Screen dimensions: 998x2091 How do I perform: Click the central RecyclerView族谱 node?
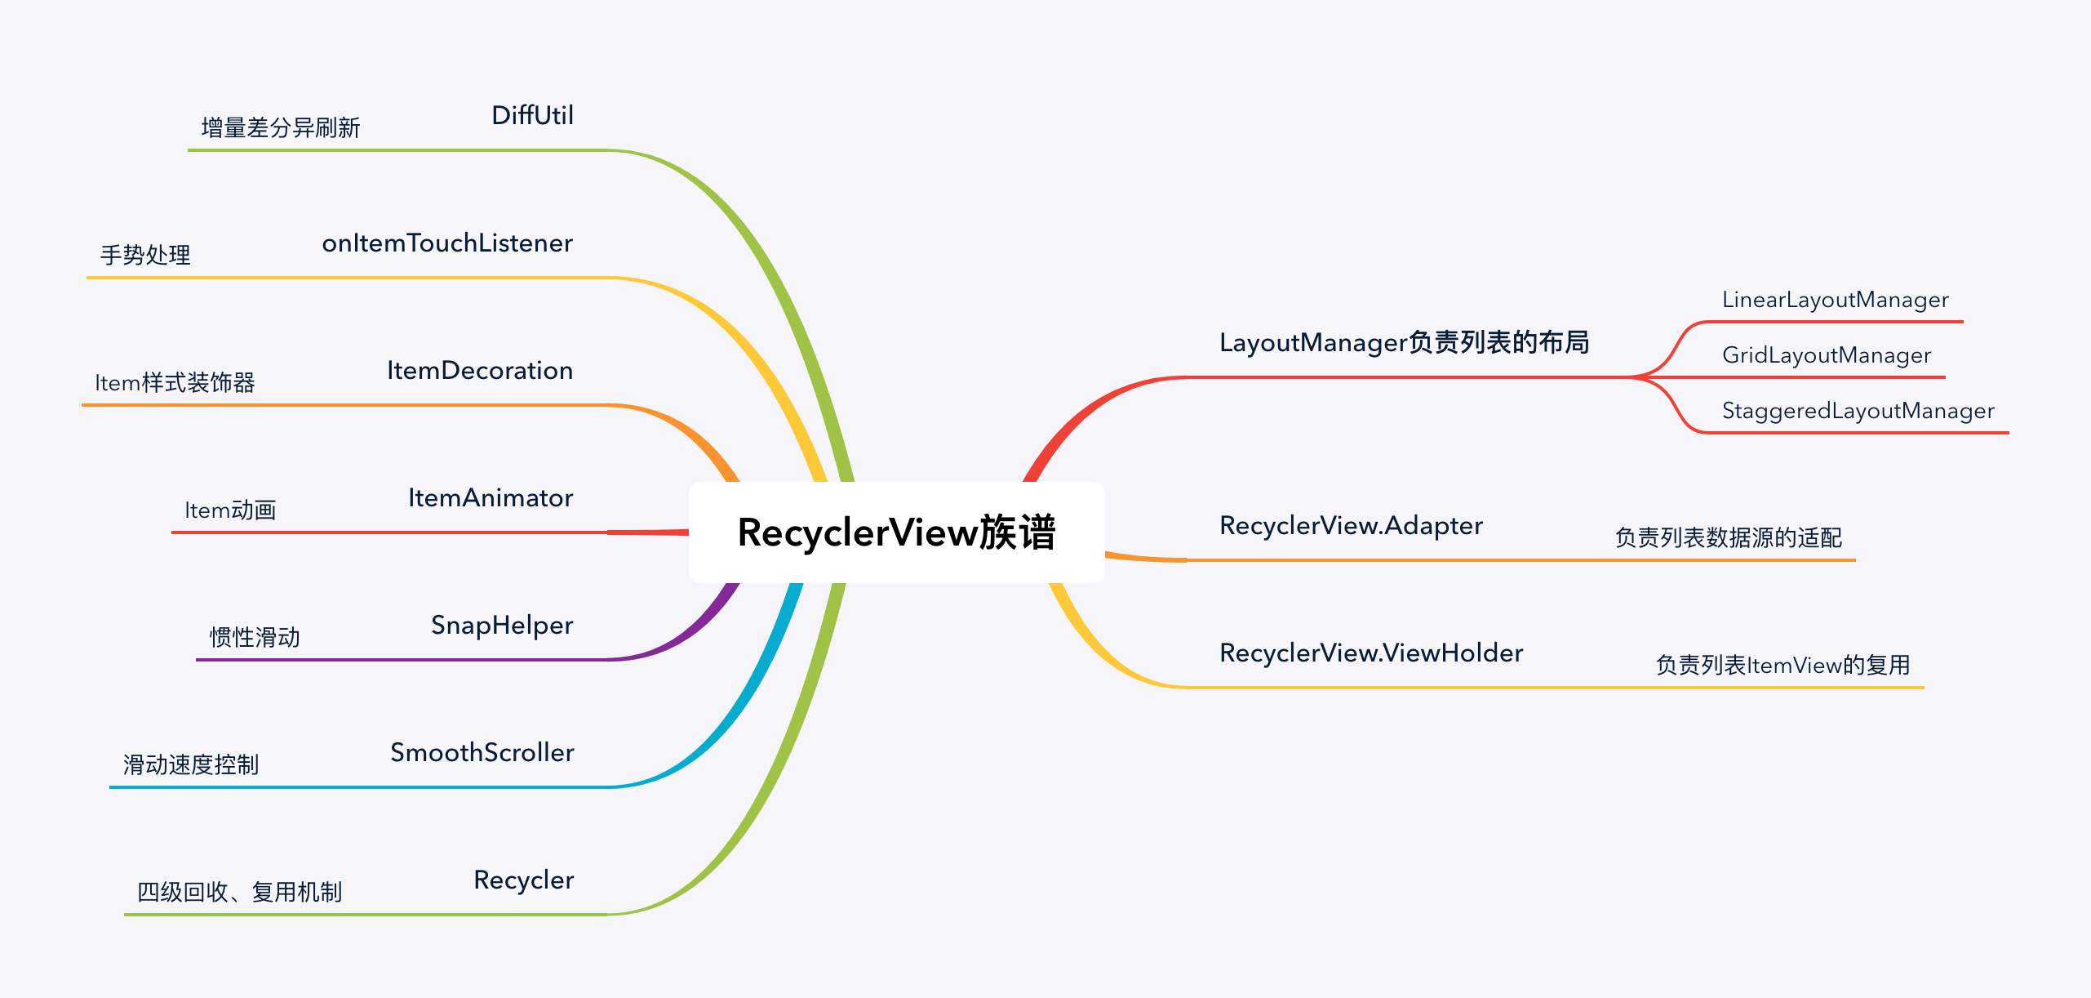[896, 532]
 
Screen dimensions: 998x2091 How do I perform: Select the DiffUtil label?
[532, 116]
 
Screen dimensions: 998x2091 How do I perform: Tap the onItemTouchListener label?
[447, 243]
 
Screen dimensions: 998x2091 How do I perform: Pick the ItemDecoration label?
[480, 371]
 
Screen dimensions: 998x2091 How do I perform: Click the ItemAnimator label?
[491, 498]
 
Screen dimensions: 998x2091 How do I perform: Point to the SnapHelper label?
[502, 626]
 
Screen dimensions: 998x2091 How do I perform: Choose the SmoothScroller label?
[482, 753]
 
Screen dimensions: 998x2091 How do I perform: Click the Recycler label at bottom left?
[523, 880]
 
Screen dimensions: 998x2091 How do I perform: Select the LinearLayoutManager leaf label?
[1835, 300]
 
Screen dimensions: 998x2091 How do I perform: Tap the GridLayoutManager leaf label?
[1826, 355]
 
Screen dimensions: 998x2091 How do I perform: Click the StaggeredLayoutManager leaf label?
[1858, 411]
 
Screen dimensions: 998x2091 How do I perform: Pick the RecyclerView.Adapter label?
[1351, 526]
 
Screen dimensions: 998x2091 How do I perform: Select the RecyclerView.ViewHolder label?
[1371, 653]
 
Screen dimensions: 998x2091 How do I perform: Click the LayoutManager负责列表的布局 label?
[1404, 343]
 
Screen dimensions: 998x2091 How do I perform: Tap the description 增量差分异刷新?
[280, 128]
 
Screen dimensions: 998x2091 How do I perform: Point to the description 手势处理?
[145, 256]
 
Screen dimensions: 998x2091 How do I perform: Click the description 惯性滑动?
[255, 638]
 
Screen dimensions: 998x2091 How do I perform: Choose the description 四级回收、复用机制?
[239, 893]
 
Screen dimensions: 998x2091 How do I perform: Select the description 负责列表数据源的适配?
[1728, 538]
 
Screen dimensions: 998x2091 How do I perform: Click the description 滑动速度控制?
[190, 765]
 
